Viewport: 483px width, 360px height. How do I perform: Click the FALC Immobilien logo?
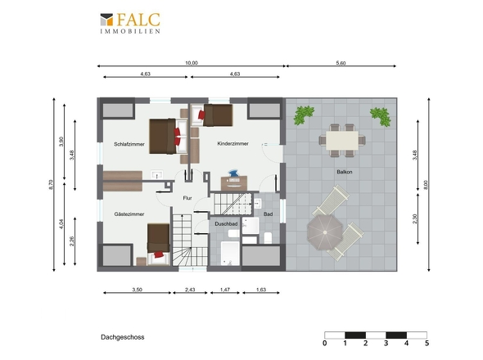point(130,23)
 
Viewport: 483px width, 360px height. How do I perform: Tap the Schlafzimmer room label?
point(129,144)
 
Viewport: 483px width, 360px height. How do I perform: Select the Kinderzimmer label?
point(232,143)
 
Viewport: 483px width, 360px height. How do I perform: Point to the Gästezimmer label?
point(129,214)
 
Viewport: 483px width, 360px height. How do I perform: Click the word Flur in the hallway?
point(187,198)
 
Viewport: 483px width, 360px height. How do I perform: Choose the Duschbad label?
point(226,224)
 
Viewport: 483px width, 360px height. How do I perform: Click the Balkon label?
point(345,172)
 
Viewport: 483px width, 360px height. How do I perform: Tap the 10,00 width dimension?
point(192,63)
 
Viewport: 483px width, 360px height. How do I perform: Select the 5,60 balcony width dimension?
point(341,63)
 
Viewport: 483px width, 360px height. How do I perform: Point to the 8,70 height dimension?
point(51,185)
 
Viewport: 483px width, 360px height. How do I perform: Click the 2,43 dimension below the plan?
point(190,290)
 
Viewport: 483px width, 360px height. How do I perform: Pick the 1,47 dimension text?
point(225,290)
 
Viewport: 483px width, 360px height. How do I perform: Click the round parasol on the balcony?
point(325,232)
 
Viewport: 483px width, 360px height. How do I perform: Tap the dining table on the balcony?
point(342,141)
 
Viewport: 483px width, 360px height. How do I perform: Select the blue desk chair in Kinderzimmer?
point(233,173)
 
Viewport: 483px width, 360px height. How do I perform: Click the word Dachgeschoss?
point(123,337)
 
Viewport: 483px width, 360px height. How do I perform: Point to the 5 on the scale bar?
point(427,343)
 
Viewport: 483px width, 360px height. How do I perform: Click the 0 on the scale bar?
point(325,343)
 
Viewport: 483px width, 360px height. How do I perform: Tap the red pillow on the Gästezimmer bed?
point(159,254)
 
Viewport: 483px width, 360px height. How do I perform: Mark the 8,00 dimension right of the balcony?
point(426,185)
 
